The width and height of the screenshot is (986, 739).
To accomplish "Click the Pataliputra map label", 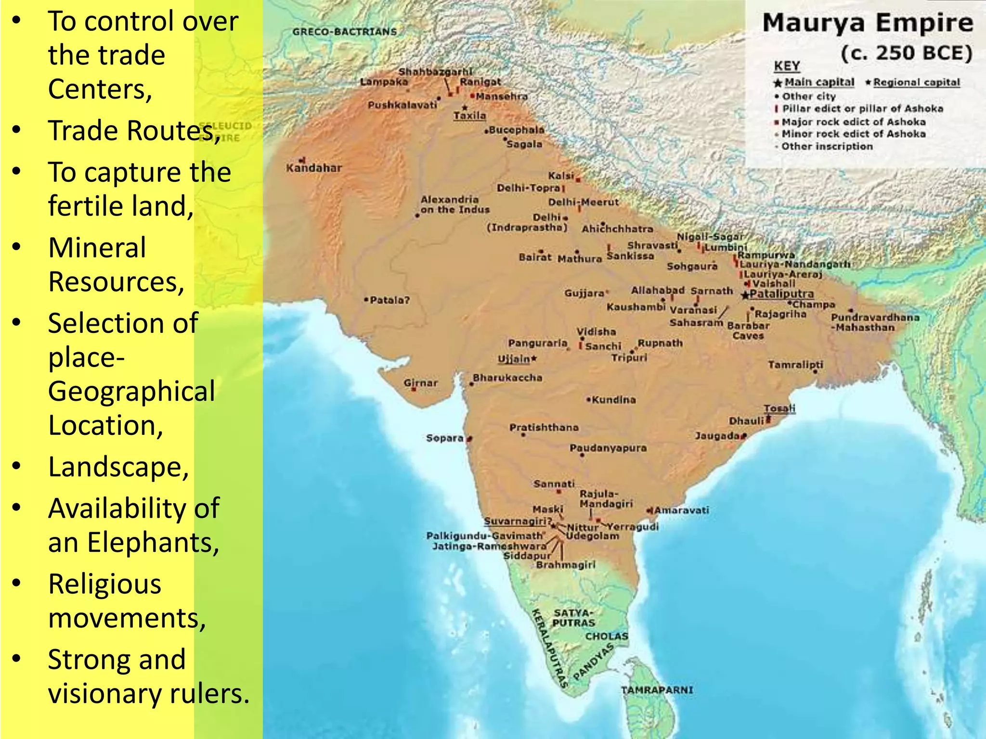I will pos(781,293).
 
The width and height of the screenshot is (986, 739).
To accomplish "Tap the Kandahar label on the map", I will pos(314,168).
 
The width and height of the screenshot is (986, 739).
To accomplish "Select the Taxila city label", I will pos(469,115).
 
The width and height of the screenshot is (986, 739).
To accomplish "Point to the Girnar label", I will pos(421,383).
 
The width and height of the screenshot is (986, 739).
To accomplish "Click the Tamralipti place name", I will pos(795,365).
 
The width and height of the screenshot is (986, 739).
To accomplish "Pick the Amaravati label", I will pos(681,510).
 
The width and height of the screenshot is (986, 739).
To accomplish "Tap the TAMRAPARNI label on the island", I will pos(657,690).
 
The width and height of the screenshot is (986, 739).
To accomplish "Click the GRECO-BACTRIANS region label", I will pos(345,32).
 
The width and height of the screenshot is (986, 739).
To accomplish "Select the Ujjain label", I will pos(514,359).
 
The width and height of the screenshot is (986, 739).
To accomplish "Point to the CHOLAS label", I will pos(607,636).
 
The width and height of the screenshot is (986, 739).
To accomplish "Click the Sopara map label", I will pos(444,438).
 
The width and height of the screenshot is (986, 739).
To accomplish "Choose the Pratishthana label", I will pos(544,427).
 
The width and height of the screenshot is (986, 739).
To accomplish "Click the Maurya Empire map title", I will pos(867,23).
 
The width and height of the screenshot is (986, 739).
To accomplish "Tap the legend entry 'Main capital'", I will pos(819,82).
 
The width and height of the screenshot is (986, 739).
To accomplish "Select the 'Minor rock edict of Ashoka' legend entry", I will pos(853,134).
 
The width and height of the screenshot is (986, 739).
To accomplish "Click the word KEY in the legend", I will pos(787,66).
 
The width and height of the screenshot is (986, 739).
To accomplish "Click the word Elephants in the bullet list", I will pos(153,543).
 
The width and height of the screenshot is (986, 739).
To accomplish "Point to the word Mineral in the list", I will pos(97,248).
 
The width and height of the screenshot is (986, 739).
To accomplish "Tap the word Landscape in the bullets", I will pos(118,467).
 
